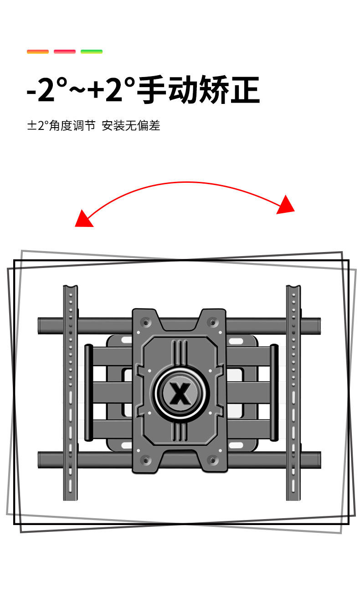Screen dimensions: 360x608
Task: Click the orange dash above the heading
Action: pyautogui.click(x=38, y=52)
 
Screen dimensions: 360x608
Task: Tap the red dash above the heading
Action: pyautogui.click(x=65, y=52)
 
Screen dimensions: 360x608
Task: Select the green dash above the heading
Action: pyautogui.click(x=92, y=52)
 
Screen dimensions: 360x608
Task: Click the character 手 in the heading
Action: pyautogui.click(x=153, y=90)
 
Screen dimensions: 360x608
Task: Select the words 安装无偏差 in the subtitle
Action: pyautogui.click(x=131, y=126)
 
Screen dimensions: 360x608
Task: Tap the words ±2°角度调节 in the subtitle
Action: pyautogui.click(x=61, y=126)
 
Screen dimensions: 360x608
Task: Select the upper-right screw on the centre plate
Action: pyautogui.click(x=212, y=322)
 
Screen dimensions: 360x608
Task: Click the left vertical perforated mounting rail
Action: pyautogui.click(x=70, y=392)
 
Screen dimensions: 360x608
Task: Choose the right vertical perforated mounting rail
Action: pyautogui.click(x=293, y=392)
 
